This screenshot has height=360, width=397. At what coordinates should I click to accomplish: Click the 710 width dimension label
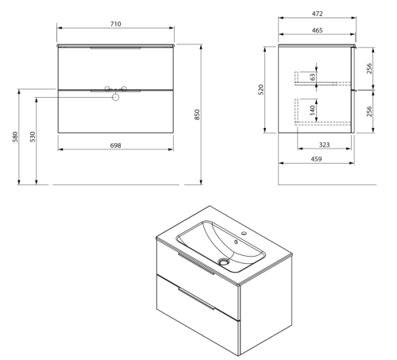(116, 24)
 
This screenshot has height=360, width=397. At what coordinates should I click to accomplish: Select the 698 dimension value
(116, 145)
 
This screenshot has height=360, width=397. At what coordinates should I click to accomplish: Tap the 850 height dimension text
(197, 114)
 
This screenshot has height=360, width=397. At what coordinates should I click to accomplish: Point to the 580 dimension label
(15, 137)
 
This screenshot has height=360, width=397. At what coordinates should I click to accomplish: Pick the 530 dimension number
(33, 137)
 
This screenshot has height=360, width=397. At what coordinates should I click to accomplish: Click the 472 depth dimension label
(317, 14)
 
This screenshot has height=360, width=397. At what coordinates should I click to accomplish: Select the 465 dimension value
(317, 30)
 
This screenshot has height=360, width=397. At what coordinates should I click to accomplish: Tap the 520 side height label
(261, 90)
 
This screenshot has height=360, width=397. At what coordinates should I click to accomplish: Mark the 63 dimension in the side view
(313, 77)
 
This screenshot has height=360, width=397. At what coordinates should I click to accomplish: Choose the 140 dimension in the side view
(313, 110)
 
